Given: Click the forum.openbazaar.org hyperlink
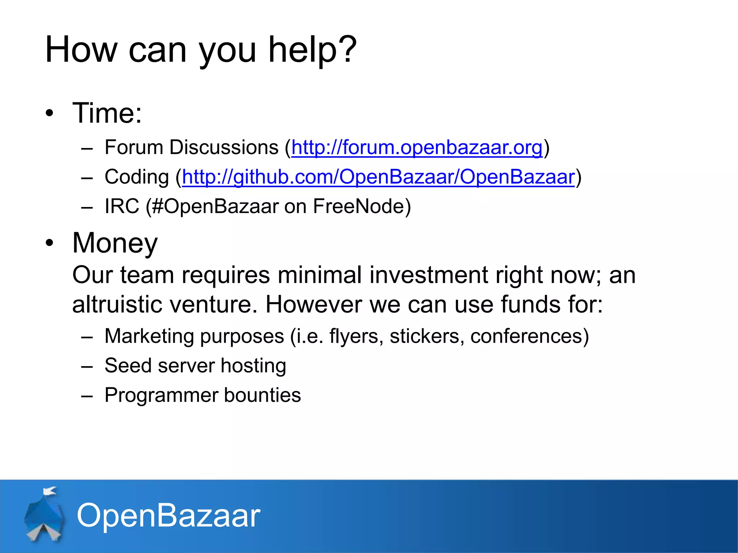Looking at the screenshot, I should [x=417, y=148].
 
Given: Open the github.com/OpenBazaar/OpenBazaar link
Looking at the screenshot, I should [x=378, y=177].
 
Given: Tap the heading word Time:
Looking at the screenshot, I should [x=107, y=113].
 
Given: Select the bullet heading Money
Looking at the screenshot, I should [x=115, y=243].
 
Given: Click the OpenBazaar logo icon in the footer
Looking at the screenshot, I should [x=45, y=515].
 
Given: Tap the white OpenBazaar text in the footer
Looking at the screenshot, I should [x=168, y=516].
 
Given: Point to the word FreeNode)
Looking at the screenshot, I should [x=362, y=206].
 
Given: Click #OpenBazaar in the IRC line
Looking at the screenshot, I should [x=215, y=206].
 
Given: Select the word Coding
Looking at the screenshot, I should [x=137, y=177].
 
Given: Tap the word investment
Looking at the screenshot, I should [x=428, y=275].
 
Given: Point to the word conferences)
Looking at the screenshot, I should [x=529, y=336].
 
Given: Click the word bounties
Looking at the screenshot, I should [x=262, y=395].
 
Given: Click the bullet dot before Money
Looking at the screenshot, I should [x=49, y=243].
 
